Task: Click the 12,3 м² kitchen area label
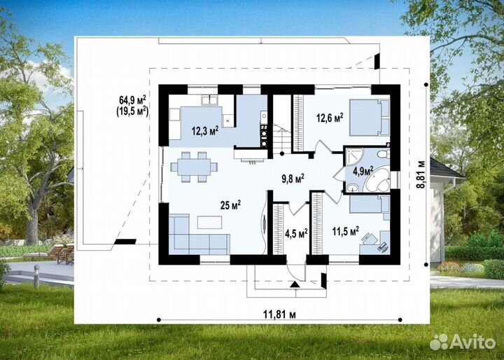[x=205, y=130]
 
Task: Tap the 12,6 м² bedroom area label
[x=330, y=118]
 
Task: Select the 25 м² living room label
[x=230, y=205]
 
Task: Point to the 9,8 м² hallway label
[x=293, y=179]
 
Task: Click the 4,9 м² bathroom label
[x=363, y=171]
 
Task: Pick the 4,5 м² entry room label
[x=296, y=233]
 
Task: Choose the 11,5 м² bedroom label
[x=346, y=231]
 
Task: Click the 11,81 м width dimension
[x=279, y=314]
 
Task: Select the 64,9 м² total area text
[x=132, y=99]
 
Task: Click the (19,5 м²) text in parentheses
[x=132, y=111]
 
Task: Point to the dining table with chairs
[x=194, y=167]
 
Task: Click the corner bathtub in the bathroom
[x=378, y=182]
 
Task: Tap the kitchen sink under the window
[x=209, y=100]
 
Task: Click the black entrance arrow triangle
[x=295, y=284]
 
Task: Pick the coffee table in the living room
[x=209, y=222]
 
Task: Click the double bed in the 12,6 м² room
[x=370, y=118]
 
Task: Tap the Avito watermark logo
[x=463, y=341]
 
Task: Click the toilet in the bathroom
[x=384, y=154]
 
